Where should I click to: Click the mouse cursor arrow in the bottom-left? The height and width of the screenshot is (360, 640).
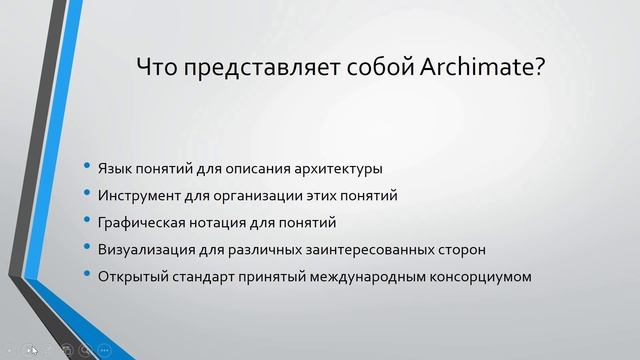tap(32, 350)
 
